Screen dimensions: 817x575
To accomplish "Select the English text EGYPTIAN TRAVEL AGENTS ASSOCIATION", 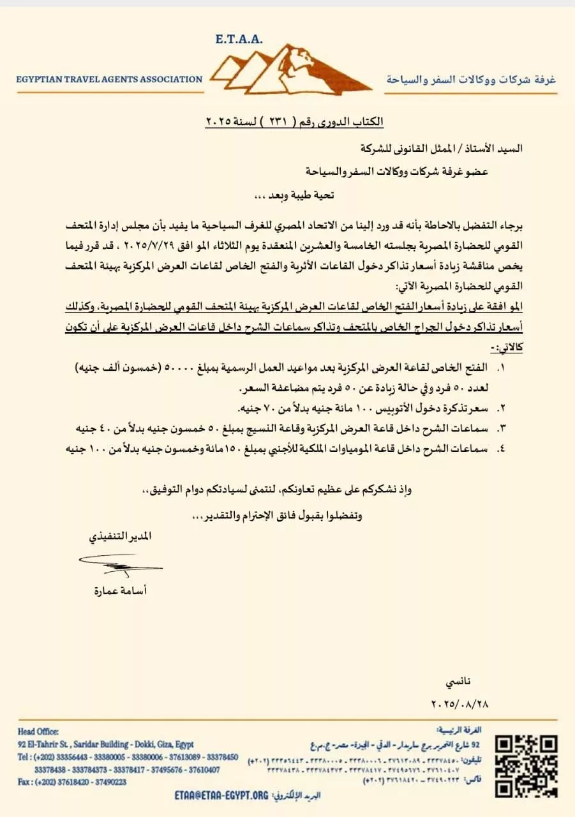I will [110, 80].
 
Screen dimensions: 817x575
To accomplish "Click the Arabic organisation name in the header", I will [472, 80].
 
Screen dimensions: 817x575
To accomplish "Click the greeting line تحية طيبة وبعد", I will [291, 195].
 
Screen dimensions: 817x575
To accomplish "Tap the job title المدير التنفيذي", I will [120, 537].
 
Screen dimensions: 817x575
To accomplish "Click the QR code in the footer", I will [527, 766].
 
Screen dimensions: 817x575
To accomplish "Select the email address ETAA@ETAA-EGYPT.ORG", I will [221, 795].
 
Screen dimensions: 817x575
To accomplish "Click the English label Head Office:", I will [38, 731].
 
